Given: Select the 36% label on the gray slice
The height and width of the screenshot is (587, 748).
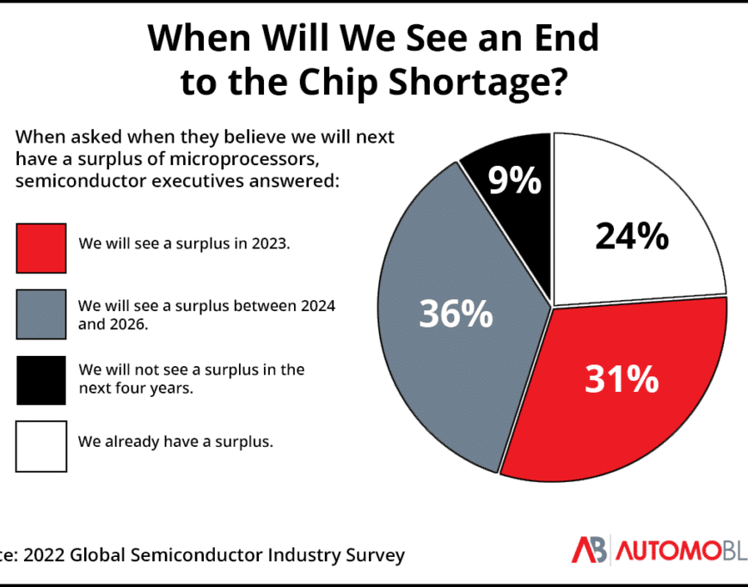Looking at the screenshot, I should pos(456,314).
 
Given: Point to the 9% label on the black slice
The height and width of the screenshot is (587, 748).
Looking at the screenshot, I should pos(514,181).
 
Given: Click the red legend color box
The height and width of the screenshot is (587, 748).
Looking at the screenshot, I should pos(40,248).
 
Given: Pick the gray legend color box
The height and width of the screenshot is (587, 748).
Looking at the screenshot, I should pos(40,315).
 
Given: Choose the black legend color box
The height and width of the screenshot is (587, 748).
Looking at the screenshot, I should pos(40,380).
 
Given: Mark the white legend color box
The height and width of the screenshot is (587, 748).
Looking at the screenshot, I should pos(40,445).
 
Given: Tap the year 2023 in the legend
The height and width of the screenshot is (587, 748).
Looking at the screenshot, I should pos(272,243).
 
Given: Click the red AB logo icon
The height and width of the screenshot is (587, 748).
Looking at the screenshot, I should pos(590,549).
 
